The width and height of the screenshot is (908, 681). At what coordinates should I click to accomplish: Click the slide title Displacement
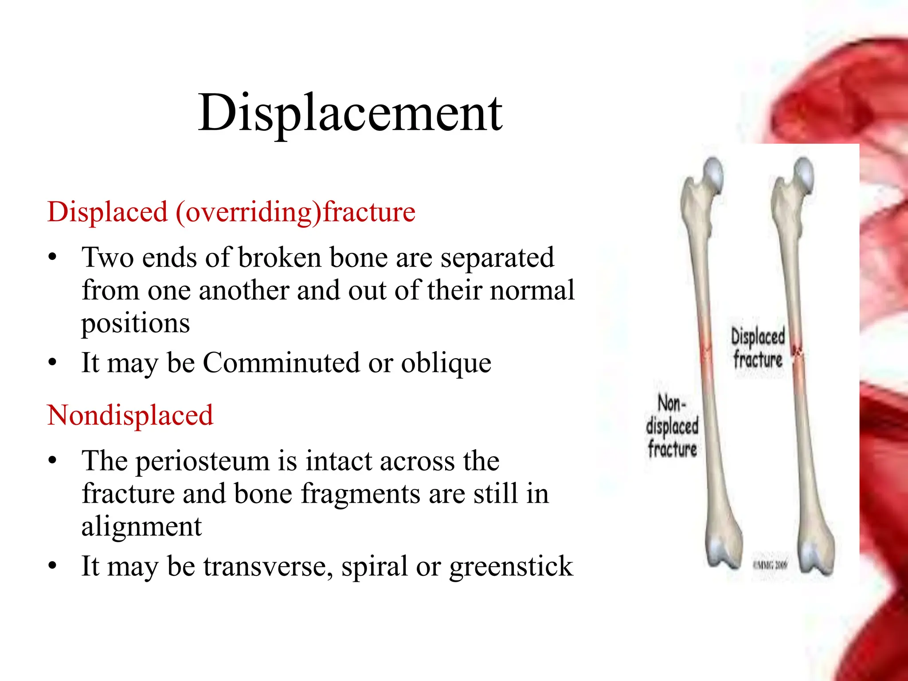click(x=350, y=113)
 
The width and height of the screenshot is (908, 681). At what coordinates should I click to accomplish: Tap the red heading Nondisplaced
click(x=130, y=415)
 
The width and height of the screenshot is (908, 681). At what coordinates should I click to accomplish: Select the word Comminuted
click(x=281, y=363)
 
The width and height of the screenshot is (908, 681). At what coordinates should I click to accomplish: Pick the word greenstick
click(x=511, y=567)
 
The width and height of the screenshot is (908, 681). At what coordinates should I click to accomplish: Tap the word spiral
click(x=374, y=567)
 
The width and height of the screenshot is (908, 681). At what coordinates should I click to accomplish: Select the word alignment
click(x=141, y=527)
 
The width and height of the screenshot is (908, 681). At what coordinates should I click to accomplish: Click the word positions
click(x=135, y=324)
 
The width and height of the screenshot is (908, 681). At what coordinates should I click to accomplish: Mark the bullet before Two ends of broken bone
click(x=53, y=258)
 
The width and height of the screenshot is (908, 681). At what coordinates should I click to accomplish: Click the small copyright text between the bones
click(x=770, y=565)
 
